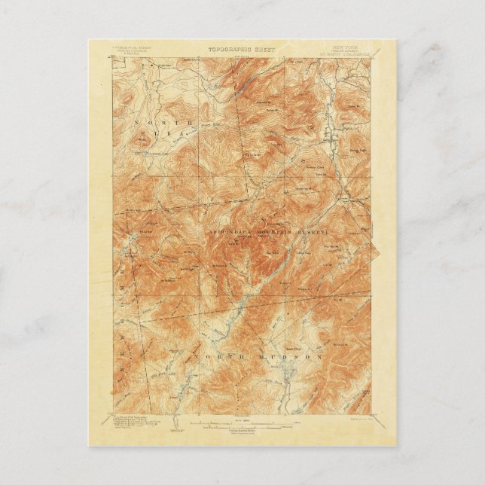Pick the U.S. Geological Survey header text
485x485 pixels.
(x=133, y=49)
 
